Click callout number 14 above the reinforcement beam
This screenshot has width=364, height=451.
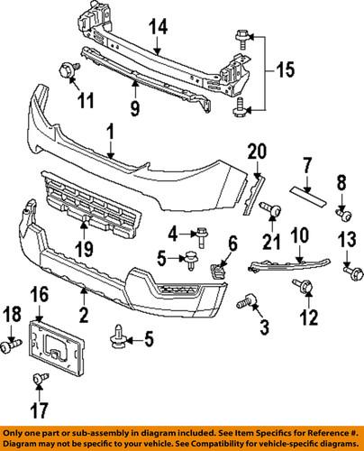click(158, 29)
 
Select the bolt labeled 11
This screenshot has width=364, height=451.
click(68, 69)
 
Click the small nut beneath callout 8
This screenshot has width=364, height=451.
click(341, 214)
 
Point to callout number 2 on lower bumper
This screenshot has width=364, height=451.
click(83, 316)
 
